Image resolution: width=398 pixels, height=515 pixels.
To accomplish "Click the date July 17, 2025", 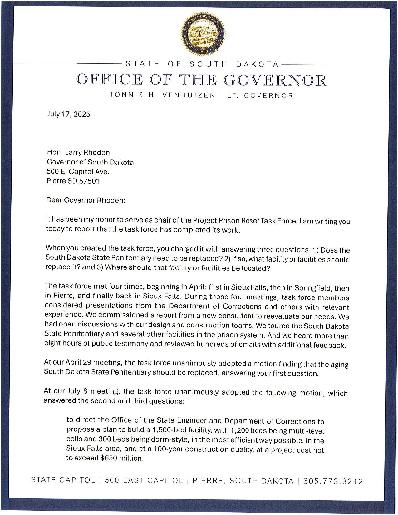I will [69, 114].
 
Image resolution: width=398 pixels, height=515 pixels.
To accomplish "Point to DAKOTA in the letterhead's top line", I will [257, 65].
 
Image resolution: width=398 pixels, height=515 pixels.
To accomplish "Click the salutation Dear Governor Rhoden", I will [86, 200].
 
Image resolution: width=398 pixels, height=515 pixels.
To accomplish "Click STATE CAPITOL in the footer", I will [63, 480].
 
